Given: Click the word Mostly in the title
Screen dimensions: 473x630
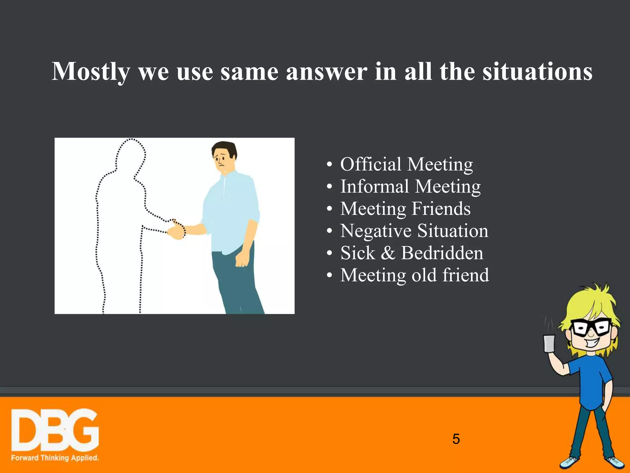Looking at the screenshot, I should click(91, 72).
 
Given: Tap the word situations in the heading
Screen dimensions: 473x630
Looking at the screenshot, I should click(537, 72).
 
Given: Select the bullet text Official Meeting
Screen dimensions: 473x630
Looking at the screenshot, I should click(406, 164).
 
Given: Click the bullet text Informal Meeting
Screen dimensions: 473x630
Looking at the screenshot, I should click(410, 186).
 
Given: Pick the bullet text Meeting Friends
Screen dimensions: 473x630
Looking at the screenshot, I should click(405, 209).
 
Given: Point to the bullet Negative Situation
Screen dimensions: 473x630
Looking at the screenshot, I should click(414, 231).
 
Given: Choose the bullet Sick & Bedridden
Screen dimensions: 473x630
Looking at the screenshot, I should click(412, 253).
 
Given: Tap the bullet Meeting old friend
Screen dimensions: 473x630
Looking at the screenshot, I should click(414, 275).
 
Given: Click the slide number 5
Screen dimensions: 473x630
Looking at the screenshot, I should click(456, 439).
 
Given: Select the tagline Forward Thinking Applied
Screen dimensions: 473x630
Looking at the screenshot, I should click(55, 458).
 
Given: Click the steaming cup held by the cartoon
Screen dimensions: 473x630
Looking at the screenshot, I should click(549, 343).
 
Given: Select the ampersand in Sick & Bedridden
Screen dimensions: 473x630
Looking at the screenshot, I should click(388, 253).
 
